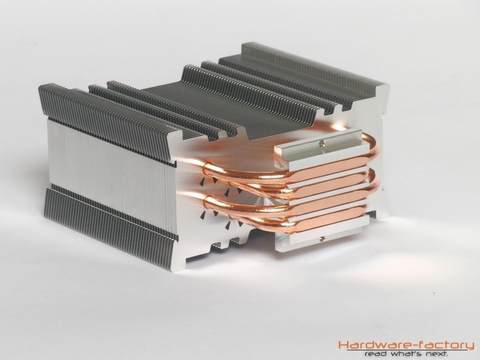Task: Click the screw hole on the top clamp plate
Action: (x=321, y=142)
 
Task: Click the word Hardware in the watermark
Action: (x=372, y=345)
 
